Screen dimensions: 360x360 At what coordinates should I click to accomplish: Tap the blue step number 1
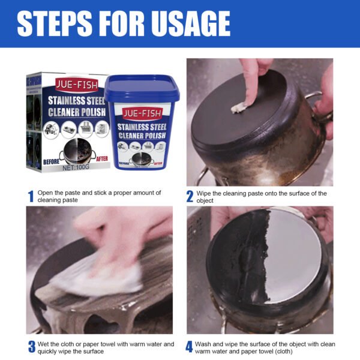click(31, 196)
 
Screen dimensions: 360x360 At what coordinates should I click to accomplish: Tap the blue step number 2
click(190, 196)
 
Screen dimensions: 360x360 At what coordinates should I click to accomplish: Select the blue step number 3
click(31, 347)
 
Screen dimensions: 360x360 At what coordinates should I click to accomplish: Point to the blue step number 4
click(190, 347)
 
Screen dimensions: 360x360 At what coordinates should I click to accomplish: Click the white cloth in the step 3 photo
click(96, 277)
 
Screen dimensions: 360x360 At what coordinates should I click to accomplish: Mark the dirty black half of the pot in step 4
click(240, 264)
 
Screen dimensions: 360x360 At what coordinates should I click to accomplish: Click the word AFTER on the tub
click(157, 163)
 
